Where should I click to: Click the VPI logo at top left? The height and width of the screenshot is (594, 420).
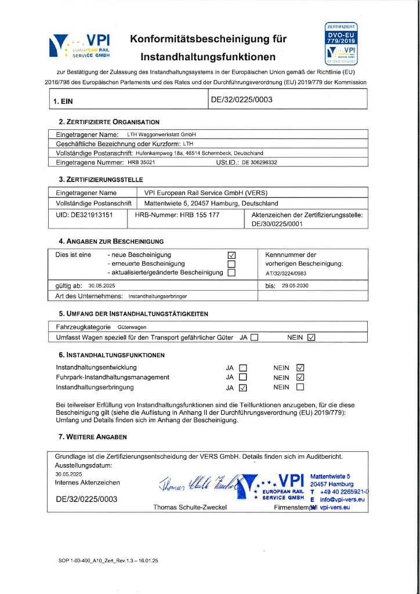[x=79, y=46]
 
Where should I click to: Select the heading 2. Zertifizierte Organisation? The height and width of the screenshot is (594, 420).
[x=108, y=122]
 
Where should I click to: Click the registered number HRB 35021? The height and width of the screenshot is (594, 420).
[x=142, y=162]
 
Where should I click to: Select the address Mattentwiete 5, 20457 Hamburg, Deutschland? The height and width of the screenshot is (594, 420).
[x=211, y=204]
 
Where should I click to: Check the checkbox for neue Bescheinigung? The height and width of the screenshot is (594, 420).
[x=232, y=255]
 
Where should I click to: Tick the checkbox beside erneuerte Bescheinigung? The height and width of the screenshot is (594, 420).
[x=232, y=264]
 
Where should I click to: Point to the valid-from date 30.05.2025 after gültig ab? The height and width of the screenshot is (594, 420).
[x=102, y=286]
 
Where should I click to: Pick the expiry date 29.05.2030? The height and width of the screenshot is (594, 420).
[x=295, y=286]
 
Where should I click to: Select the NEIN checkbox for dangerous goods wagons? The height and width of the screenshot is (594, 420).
[x=312, y=338]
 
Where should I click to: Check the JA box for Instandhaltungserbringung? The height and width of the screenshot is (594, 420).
[x=243, y=388]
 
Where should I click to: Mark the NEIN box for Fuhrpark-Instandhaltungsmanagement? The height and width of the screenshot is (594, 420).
[x=300, y=378]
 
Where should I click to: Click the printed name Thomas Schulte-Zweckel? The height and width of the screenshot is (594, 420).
[x=190, y=508]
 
